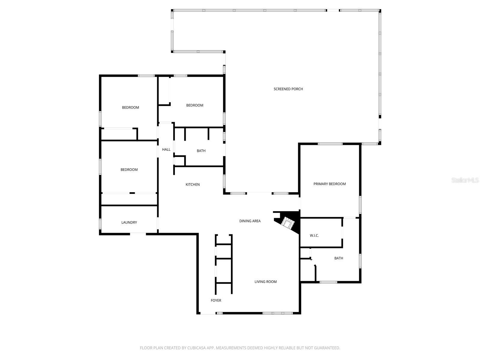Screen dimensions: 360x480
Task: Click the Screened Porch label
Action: (288, 89)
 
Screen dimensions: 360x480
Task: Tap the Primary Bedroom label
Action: (329, 184)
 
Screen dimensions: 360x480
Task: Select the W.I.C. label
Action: (314, 235)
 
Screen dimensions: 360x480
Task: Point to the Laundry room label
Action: (129, 222)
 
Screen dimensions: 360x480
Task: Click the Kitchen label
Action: (193, 184)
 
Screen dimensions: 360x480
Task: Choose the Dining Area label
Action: (250, 221)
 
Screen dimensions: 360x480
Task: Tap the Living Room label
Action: (265, 282)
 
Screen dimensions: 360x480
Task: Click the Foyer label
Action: (216, 300)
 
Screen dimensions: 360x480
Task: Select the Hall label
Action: (166, 149)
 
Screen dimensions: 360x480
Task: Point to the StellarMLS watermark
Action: (465, 180)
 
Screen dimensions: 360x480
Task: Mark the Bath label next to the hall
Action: (201, 151)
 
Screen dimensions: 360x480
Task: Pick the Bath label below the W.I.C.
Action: (339, 258)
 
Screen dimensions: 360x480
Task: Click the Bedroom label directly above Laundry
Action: (129, 170)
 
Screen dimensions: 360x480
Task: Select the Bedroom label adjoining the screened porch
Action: (195, 105)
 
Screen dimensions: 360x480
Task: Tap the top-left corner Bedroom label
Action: (130, 107)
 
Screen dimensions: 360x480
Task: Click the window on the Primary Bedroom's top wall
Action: (330, 144)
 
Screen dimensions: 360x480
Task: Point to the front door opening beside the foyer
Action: (208, 313)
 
